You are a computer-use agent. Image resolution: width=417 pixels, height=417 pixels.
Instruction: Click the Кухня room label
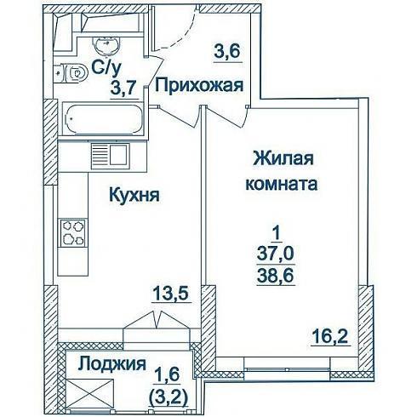click(x=134, y=196)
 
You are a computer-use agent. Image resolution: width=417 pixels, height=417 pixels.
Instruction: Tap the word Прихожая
click(x=199, y=85)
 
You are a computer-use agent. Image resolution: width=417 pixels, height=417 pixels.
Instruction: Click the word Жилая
click(x=283, y=158)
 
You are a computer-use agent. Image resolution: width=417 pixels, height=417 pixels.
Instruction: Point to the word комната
click(x=281, y=184)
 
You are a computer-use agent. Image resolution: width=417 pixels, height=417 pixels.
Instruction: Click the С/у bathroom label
click(x=106, y=68)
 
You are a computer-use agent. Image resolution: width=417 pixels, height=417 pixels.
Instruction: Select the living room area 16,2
click(x=330, y=336)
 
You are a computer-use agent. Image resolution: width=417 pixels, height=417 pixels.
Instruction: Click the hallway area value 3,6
click(x=227, y=52)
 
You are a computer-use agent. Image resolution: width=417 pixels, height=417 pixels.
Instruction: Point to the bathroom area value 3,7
click(x=124, y=89)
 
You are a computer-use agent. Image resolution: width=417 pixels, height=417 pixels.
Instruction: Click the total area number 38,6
click(x=275, y=275)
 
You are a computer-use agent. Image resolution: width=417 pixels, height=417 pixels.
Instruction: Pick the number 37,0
click(x=275, y=254)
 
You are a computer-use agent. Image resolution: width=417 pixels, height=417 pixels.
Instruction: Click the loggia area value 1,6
click(x=169, y=374)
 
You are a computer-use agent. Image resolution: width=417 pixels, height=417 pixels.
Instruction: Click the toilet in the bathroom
click(x=71, y=73)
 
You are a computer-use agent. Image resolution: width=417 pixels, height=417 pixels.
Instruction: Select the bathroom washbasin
click(x=106, y=45)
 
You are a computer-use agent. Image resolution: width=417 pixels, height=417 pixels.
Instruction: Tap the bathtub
click(x=103, y=119)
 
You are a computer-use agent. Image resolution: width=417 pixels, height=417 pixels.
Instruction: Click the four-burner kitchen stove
click(x=74, y=233)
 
